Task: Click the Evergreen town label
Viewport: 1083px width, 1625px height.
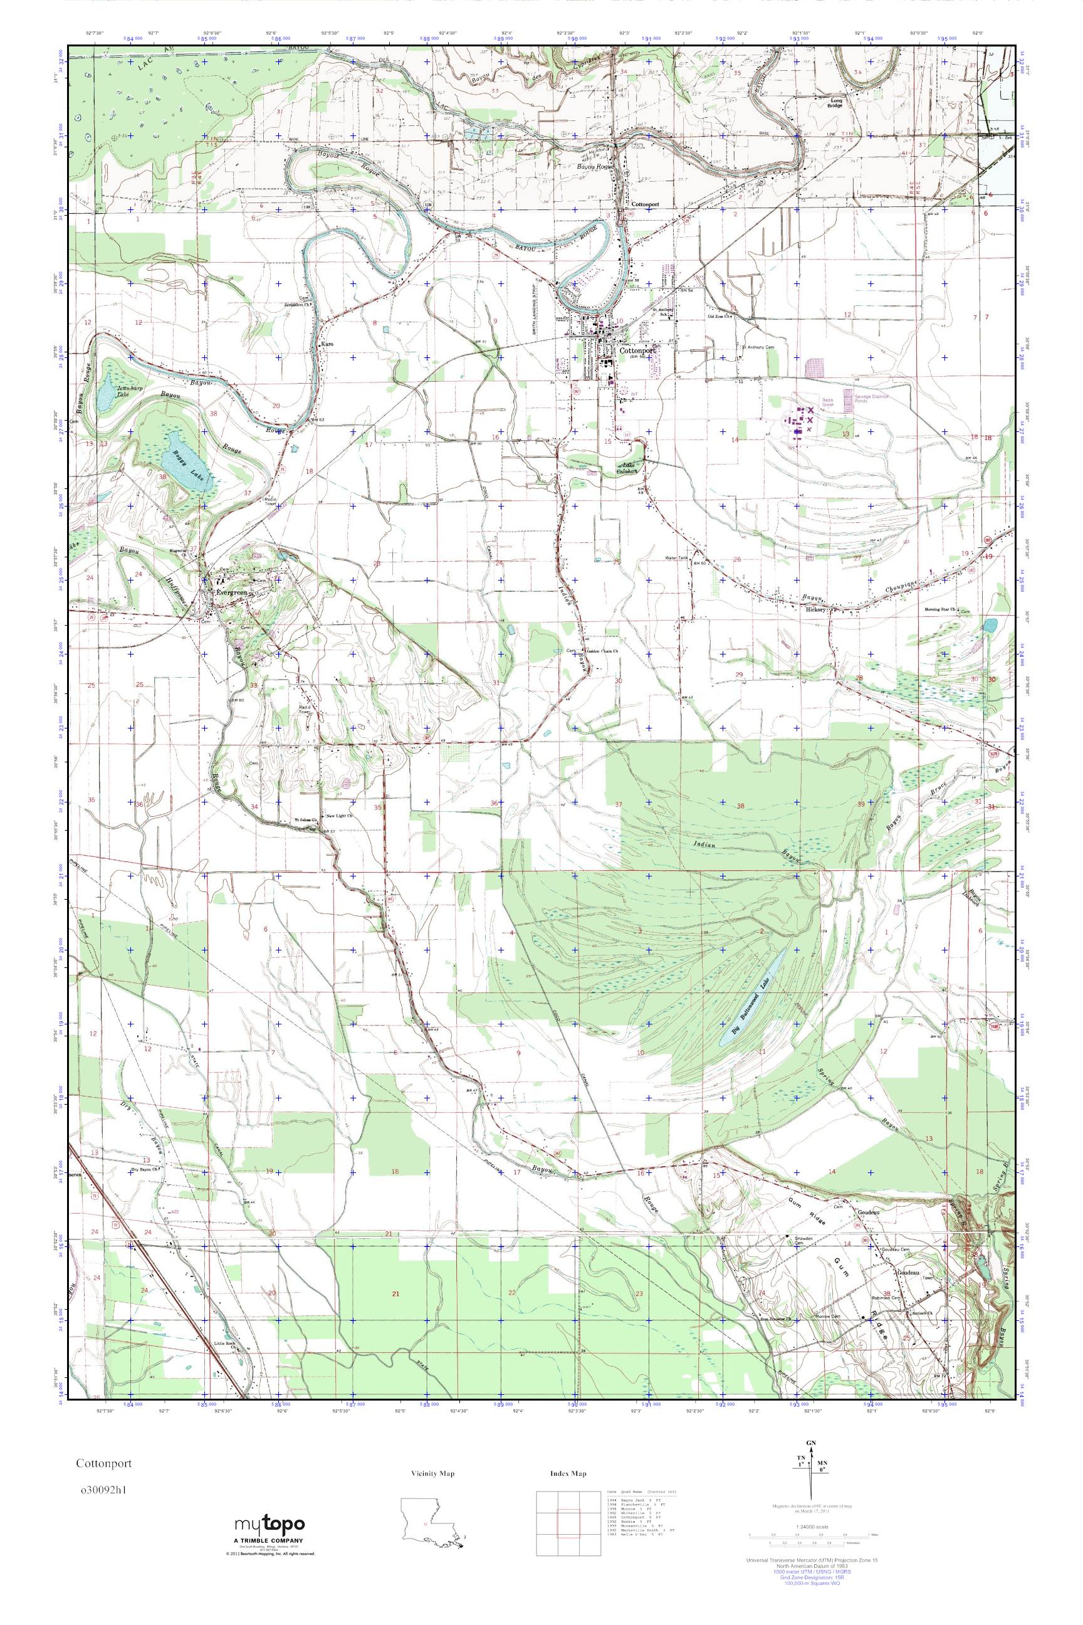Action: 231,594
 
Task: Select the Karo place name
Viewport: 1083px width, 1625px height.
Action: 327,343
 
